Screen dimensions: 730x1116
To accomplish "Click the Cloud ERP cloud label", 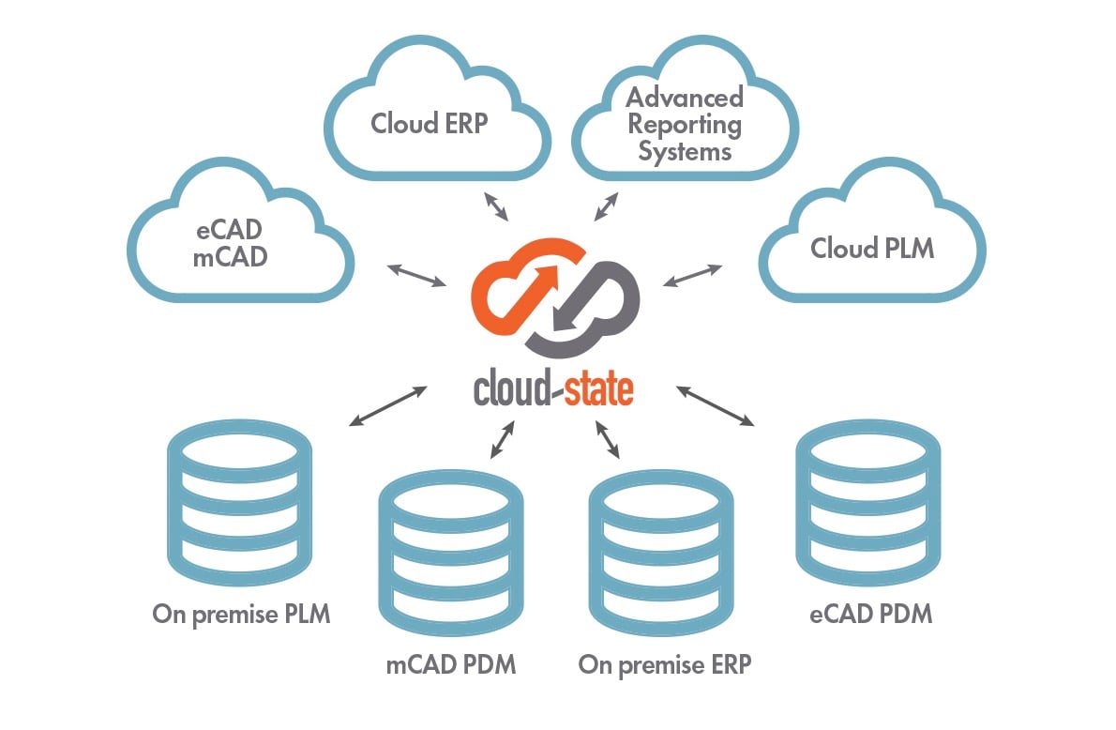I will tap(430, 124).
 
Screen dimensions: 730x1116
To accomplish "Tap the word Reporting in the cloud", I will tap(685, 124).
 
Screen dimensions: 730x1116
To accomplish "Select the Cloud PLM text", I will tap(872, 249).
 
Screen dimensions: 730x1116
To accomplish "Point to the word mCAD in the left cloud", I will tap(230, 256).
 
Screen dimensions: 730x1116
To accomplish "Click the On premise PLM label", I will tap(241, 616).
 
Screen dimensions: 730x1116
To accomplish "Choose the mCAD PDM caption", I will tap(451, 665).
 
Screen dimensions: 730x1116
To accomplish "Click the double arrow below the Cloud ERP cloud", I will tap(494, 205).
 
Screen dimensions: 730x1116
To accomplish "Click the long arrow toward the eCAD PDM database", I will tap(715, 405).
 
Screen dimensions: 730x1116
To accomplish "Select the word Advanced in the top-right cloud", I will tap(685, 98).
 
